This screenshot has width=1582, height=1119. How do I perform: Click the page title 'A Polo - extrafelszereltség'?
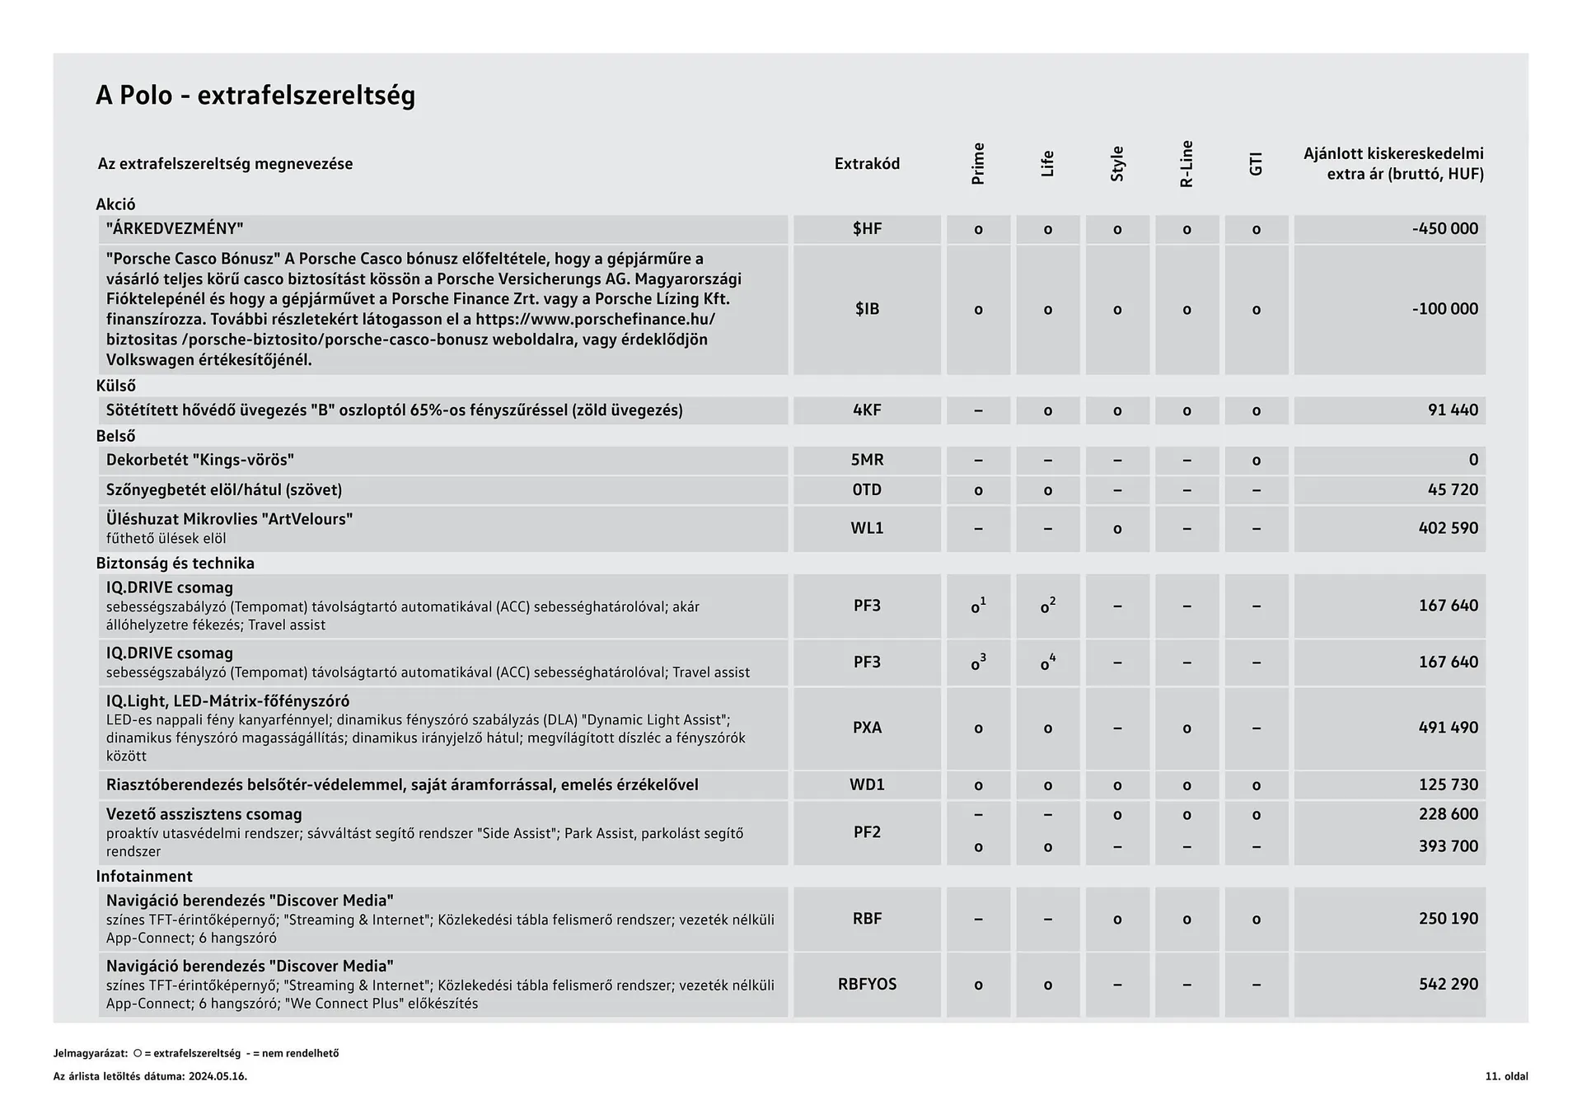[255, 96]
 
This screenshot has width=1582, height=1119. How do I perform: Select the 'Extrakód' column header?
[867, 164]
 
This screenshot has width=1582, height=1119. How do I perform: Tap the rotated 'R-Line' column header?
[1186, 164]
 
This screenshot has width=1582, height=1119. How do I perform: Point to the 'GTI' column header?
[1256, 164]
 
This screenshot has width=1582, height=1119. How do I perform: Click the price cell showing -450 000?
[1444, 229]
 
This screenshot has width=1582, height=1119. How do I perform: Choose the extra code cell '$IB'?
[867, 309]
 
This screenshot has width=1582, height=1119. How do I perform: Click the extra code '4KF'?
[867, 410]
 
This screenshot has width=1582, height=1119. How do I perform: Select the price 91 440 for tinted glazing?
[1453, 410]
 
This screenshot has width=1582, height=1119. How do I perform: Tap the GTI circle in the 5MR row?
[1256, 461]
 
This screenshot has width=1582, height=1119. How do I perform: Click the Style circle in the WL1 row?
[1117, 529]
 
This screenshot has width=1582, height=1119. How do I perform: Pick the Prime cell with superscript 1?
[978, 606]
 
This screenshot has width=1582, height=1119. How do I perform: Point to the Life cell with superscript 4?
[1047, 663]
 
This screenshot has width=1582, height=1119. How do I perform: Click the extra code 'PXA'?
[867, 728]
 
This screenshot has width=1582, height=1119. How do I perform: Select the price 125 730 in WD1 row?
[1448, 785]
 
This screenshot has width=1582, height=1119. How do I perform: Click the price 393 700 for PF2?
[1448, 846]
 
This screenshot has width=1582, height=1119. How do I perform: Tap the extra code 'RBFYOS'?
[867, 985]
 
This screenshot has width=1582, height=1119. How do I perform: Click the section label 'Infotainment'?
[144, 877]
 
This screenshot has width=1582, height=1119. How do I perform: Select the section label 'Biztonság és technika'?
[175, 564]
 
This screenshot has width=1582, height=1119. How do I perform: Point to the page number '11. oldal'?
[1506, 1077]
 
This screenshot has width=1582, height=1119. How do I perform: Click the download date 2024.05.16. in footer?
[218, 1077]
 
